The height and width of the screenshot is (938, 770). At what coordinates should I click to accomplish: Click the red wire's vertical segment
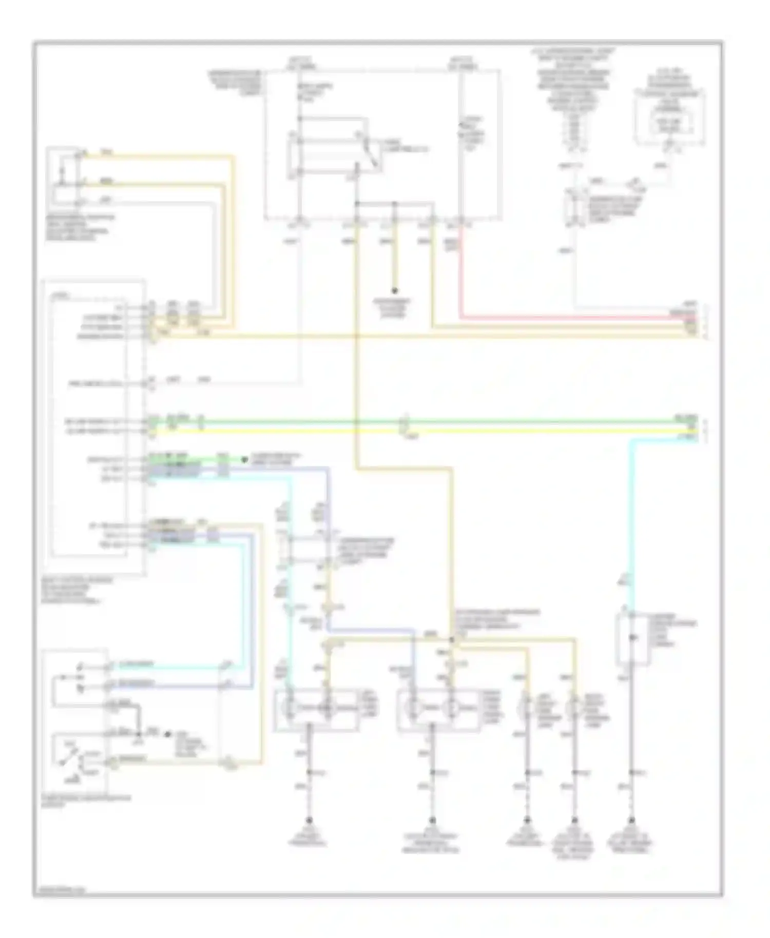(x=460, y=272)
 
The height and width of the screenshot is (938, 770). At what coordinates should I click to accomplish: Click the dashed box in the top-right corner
(x=669, y=117)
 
